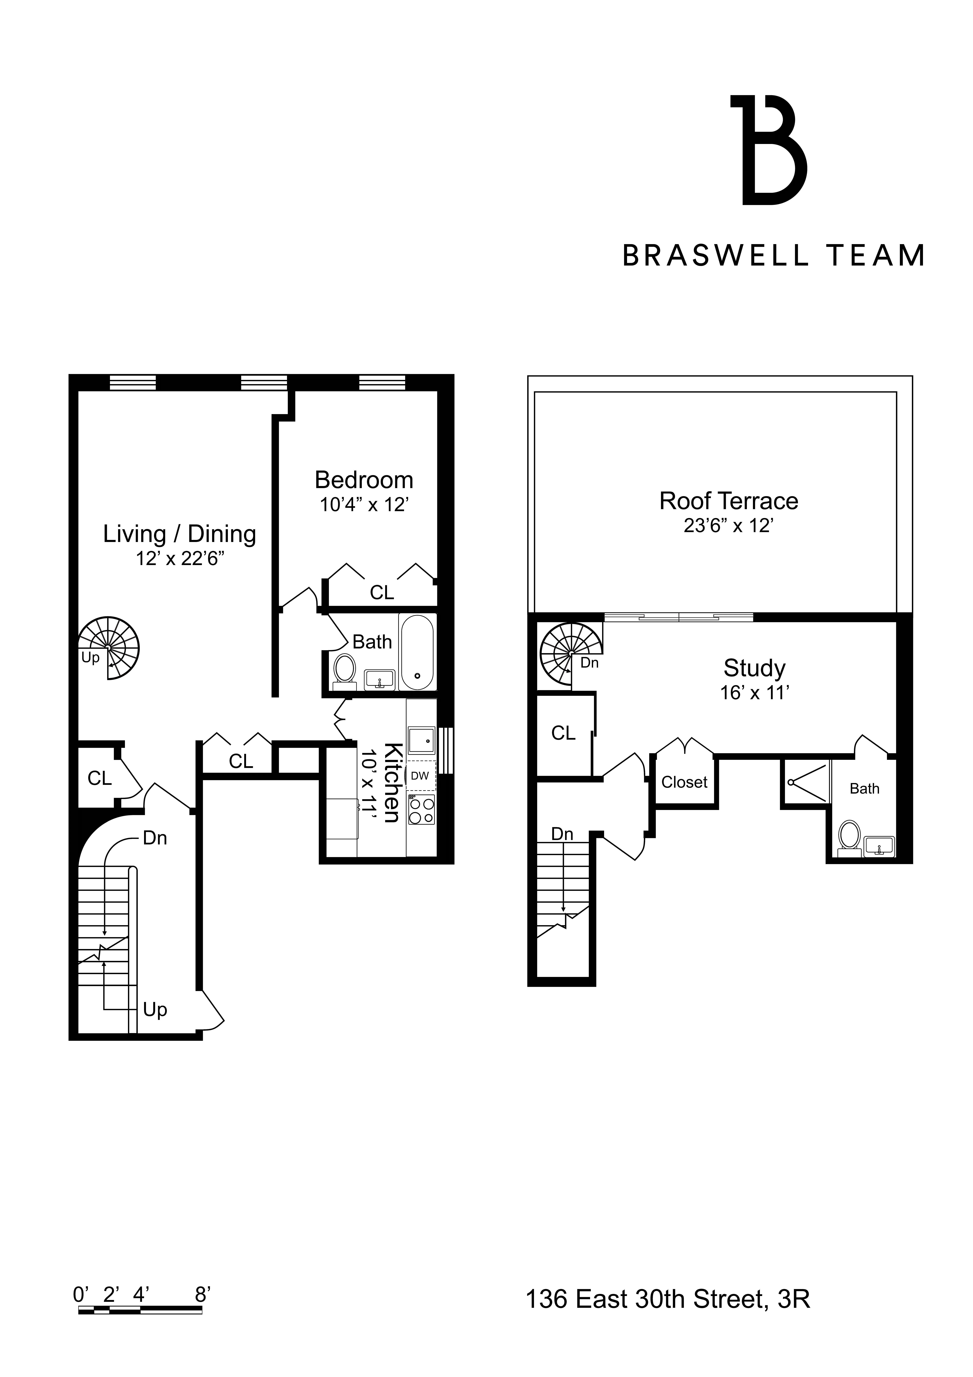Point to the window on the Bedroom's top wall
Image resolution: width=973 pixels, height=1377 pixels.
[382, 382]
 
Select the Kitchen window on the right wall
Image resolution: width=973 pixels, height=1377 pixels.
[446, 750]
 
